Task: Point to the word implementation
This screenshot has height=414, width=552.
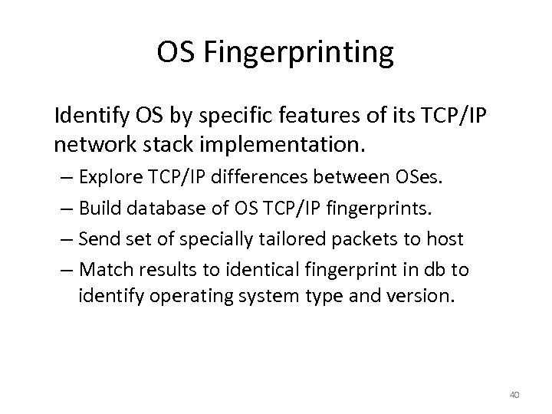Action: pyautogui.click(x=261, y=143)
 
